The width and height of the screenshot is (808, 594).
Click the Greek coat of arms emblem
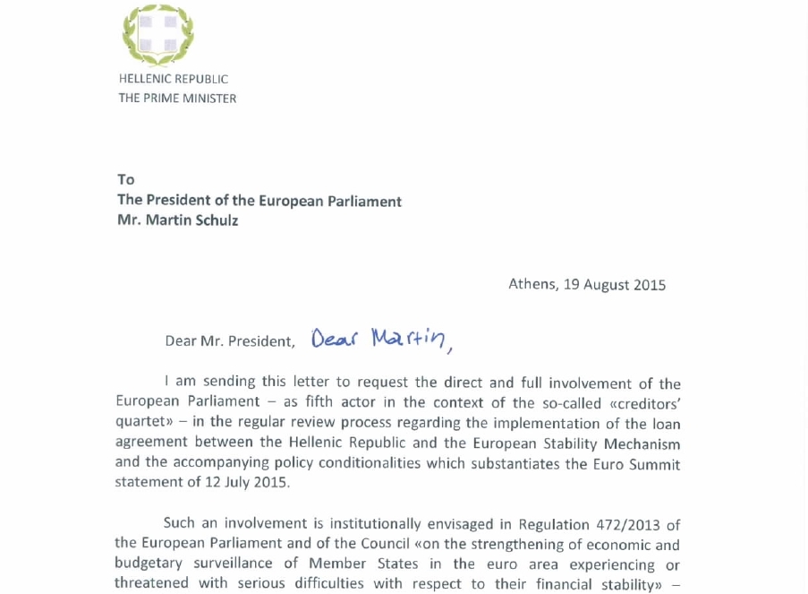point(157,35)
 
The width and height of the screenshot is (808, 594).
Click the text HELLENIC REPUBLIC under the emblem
point(173,79)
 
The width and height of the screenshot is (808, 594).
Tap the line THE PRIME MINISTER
point(177,98)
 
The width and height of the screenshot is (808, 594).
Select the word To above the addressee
point(125,180)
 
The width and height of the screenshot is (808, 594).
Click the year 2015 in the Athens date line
point(650,285)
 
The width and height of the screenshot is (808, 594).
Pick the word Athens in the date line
point(532,284)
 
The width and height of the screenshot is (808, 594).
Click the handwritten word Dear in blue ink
point(334,338)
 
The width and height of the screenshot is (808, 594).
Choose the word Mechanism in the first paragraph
point(639,443)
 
